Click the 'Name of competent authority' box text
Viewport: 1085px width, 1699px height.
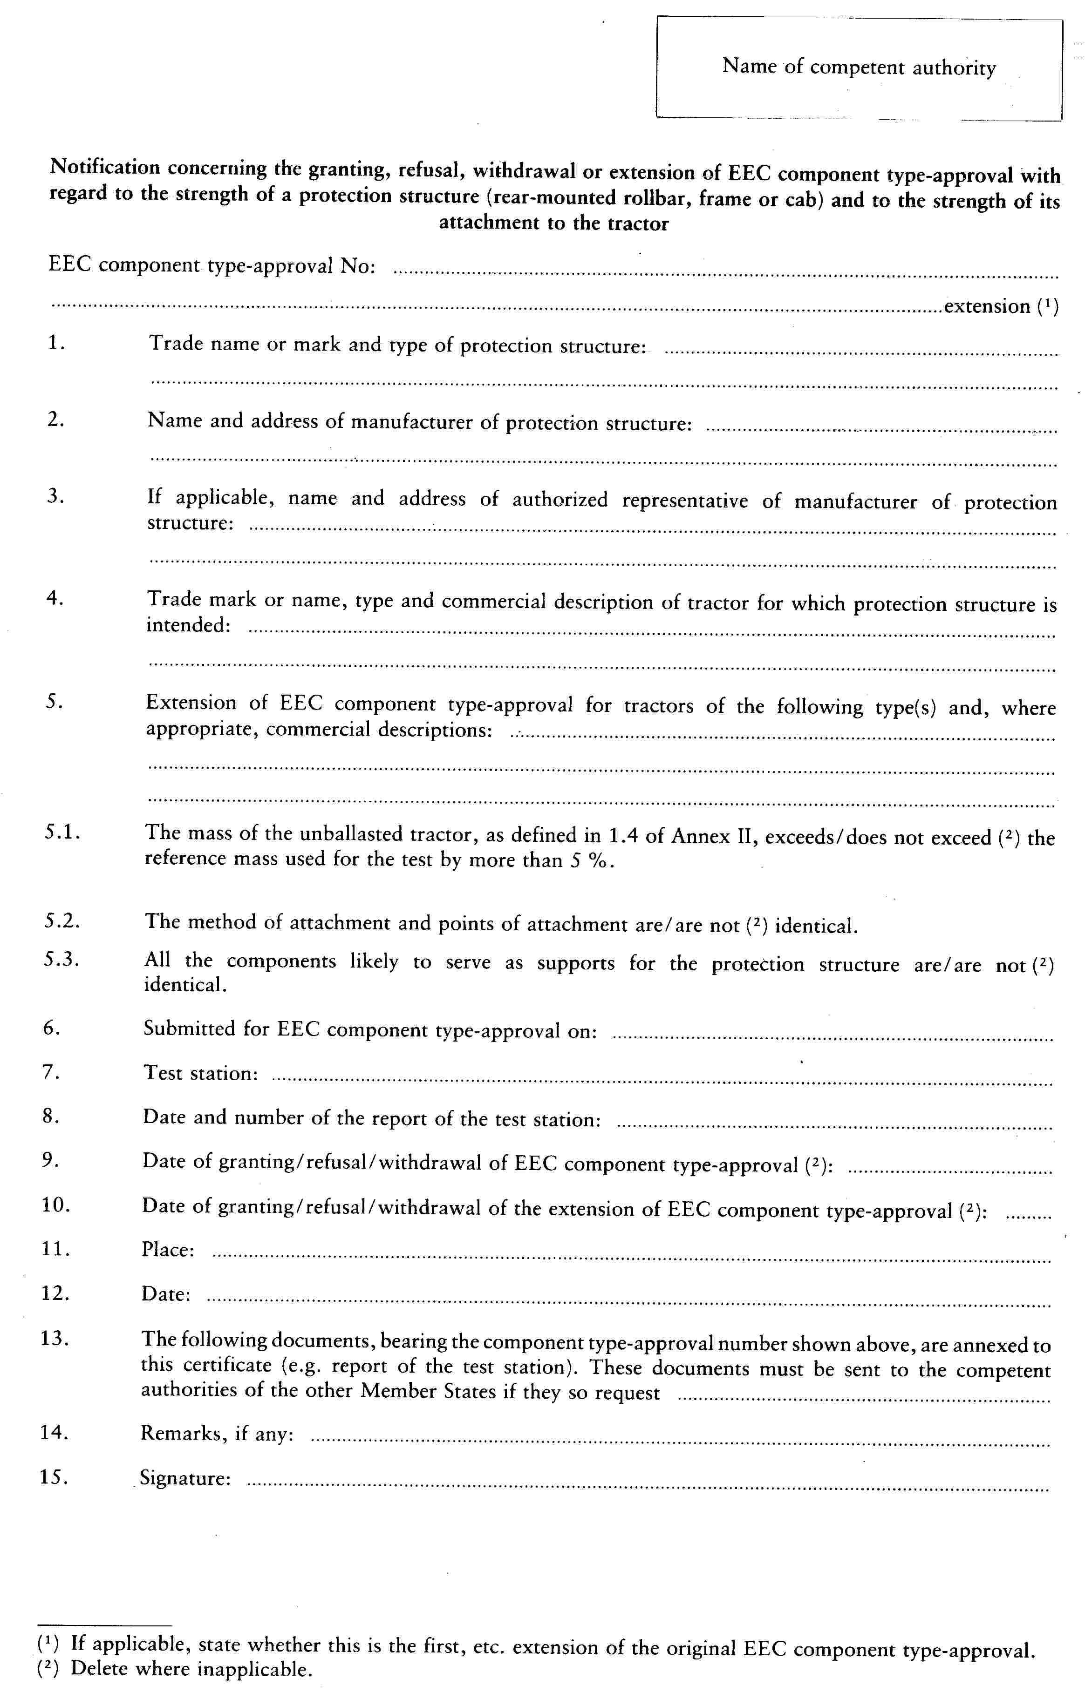click(859, 67)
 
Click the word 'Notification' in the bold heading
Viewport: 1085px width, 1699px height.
click(105, 167)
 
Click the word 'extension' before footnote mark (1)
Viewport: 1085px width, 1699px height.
click(987, 306)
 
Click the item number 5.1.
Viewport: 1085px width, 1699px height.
click(62, 832)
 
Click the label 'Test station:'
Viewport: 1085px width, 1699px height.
click(200, 1073)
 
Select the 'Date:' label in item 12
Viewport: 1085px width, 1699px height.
click(165, 1293)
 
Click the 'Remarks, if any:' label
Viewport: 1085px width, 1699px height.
click(217, 1434)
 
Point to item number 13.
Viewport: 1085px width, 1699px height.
click(55, 1338)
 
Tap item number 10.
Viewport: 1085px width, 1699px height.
click(56, 1205)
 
